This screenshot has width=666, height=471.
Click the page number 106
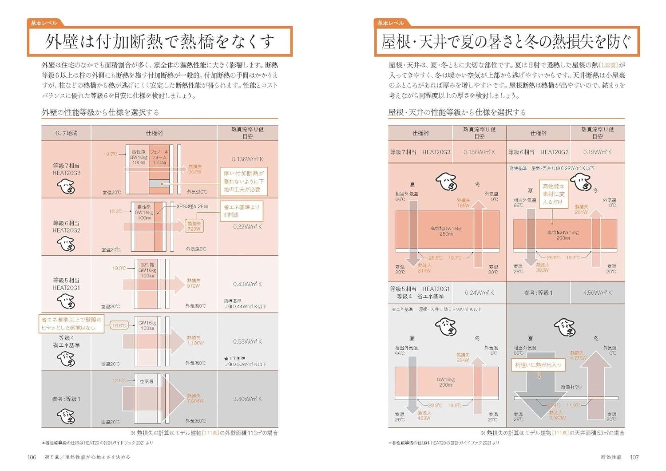click(32, 457)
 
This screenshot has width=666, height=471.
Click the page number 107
click(634, 457)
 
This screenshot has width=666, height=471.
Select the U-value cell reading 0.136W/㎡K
click(247, 159)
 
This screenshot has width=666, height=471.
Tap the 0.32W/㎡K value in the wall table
click(247, 226)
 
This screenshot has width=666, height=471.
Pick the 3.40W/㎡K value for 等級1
click(247, 399)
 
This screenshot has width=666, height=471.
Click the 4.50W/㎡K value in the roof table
click(597, 293)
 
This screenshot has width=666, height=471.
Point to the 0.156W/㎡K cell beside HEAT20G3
click(479, 152)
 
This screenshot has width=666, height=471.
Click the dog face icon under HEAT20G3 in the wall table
click(66, 187)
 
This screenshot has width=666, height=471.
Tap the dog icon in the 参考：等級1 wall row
click(66, 416)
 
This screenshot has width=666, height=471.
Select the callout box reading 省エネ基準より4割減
click(242, 211)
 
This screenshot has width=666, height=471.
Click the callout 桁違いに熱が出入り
click(538, 365)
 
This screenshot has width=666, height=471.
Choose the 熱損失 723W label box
click(194, 226)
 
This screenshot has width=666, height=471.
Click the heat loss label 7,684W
click(195, 398)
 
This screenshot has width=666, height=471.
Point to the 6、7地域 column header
click(66, 133)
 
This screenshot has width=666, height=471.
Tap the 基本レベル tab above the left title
click(44, 23)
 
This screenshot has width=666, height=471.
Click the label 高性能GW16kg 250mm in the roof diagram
click(446, 231)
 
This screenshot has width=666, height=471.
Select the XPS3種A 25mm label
click(192, 206)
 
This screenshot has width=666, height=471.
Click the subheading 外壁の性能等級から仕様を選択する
click(100, 112)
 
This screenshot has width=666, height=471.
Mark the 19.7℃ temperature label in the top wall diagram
click(111, 154)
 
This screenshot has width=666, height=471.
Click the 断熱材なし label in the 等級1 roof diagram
click(571, 387)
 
